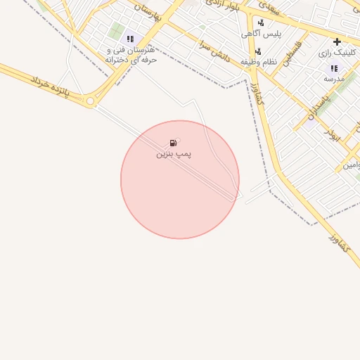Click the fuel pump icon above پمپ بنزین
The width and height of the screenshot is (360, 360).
pos(173,143)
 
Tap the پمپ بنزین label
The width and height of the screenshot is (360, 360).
pos(174,153)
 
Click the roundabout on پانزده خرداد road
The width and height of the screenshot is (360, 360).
pos(91,102)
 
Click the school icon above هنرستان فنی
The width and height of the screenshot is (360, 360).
pos(129,39)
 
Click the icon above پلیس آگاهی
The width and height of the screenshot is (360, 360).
pos(261,22)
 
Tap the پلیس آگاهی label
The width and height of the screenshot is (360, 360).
pos(261,34)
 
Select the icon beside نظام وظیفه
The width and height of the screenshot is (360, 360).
pos(258,51)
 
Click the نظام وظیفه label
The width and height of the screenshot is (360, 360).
pos(268,63)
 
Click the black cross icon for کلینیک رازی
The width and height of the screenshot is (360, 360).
pos(337,41)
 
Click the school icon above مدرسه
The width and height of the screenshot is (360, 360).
pos(333,68)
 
